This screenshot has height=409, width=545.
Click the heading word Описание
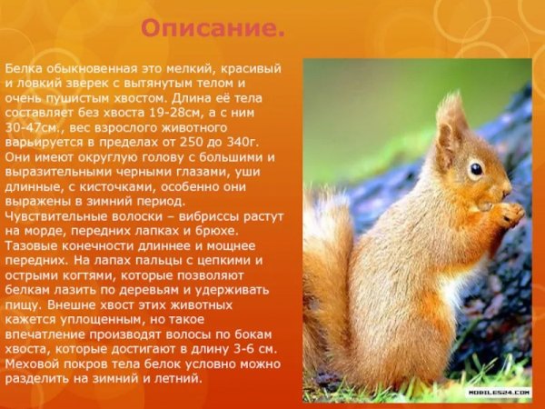click(213, 29)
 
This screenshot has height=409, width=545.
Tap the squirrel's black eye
click(475, 169)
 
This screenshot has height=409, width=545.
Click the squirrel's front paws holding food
click(505, 215)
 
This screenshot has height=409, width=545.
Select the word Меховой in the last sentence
click(33, 363)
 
